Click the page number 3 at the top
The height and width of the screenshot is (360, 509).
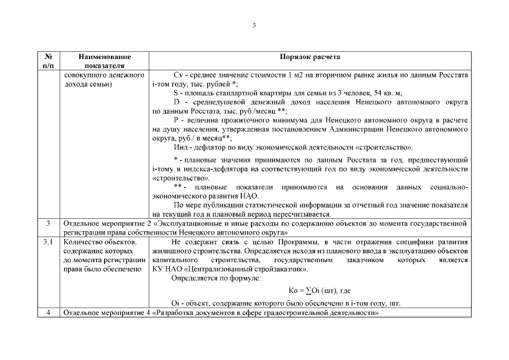tap(254, 25)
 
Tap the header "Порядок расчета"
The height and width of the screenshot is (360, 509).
tap(310, 57)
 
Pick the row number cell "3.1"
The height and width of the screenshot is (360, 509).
tap(48, 242)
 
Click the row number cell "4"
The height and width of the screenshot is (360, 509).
tap(48, 313)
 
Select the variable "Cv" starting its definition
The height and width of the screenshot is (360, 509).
tap(179, 75)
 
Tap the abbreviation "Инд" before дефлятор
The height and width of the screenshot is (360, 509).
tap(182, 147)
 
